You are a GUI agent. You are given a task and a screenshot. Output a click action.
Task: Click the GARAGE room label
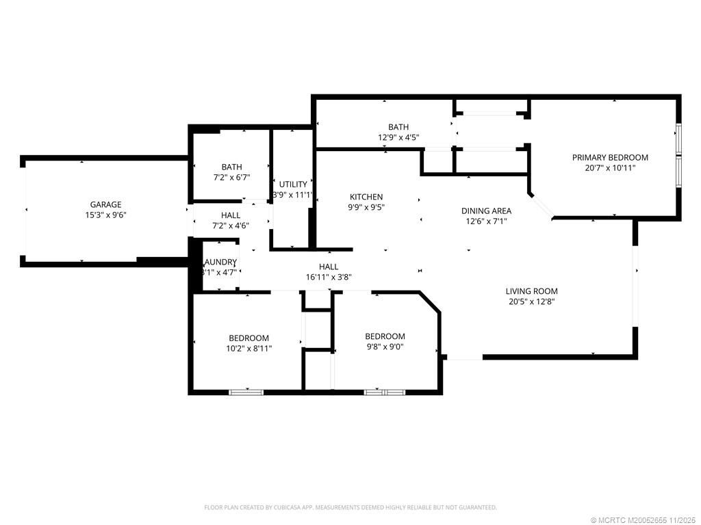coord(106,204)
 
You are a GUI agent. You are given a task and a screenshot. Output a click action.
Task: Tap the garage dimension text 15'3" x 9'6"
coord(106,215)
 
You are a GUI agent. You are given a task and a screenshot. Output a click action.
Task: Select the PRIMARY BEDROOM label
coord(610,158)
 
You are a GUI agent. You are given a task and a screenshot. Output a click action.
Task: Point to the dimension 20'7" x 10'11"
coord(610,168)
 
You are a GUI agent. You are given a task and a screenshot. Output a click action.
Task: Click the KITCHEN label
coord(367,197)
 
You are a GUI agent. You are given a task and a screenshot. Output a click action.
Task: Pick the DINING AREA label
coord(486,211)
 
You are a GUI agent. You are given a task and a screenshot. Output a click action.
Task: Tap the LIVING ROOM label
coord(531,291)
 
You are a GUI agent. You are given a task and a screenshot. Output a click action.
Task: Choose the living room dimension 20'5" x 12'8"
coord(531,301)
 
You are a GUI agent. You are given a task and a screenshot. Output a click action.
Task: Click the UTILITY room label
coord(293,185)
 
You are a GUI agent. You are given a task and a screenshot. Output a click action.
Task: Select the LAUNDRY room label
coord(220,262)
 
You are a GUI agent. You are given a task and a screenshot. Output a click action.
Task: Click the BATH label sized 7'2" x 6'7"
coord(231,167)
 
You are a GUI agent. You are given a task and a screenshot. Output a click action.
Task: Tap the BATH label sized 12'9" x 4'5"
coord(398,127)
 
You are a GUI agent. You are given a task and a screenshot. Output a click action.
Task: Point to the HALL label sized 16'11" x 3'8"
coord(329,267)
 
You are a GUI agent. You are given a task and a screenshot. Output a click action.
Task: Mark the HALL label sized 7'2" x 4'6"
coord(231,215)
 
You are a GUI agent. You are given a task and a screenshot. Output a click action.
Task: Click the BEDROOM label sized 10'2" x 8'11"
coord(248,338)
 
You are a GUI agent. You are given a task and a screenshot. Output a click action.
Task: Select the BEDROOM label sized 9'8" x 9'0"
coord(385,336)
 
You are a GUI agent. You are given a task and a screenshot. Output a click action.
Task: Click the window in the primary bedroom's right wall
coord(678,156)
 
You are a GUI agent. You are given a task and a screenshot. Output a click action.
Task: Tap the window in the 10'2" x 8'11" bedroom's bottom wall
coord(246,392)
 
